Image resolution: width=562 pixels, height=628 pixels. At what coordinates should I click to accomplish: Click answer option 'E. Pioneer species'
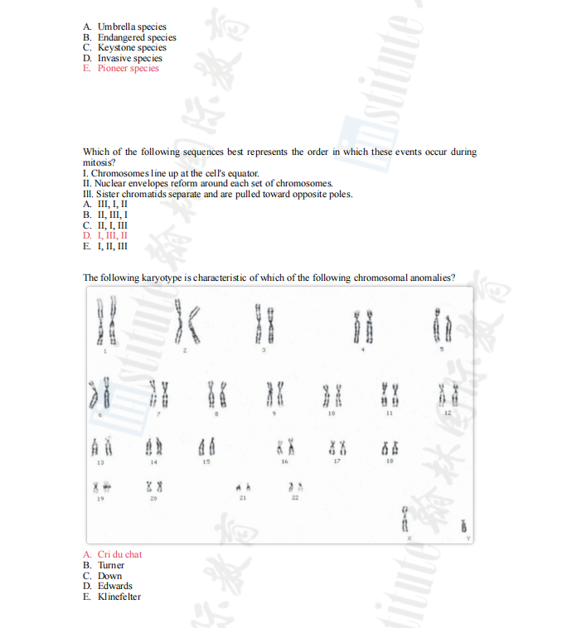[x=121, y=69]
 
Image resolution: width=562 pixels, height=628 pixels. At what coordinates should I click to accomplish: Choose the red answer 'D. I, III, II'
[x=105, y=235]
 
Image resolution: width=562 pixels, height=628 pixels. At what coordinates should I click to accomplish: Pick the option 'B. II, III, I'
[x=105, y=214]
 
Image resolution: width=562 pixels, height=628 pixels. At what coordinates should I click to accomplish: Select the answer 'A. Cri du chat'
[x=112, y=554]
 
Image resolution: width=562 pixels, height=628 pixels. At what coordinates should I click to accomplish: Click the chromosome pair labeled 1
[x=105, y=323]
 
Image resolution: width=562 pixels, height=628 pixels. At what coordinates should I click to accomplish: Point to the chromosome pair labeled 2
[x=186, y=322]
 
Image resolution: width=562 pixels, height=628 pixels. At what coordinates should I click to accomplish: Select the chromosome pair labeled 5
[x=439, y=325]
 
